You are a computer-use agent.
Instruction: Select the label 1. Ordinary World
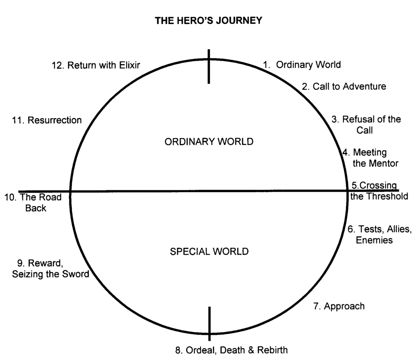[x=302, y=65]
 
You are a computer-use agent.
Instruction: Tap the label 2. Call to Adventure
[x=344, y=87]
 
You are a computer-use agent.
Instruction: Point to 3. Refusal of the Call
[x=366, y=124]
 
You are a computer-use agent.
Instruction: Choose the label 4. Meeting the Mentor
[x=370, y=158]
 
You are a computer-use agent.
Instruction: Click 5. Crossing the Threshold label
[x=378, y=191]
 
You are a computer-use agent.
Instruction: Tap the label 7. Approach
[x=339, y=306]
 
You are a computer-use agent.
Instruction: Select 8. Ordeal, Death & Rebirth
[x=231, y=350]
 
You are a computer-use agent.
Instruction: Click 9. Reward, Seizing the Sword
[x=50, y=269]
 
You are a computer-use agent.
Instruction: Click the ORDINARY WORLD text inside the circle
[x=209, y=142]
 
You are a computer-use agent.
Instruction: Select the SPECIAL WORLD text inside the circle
[x=209, y=252]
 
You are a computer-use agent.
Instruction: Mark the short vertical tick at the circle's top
[x=209, y=66]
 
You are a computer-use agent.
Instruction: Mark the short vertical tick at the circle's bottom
[x=209, y=323]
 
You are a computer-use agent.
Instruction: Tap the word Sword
[x=75, y=274]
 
